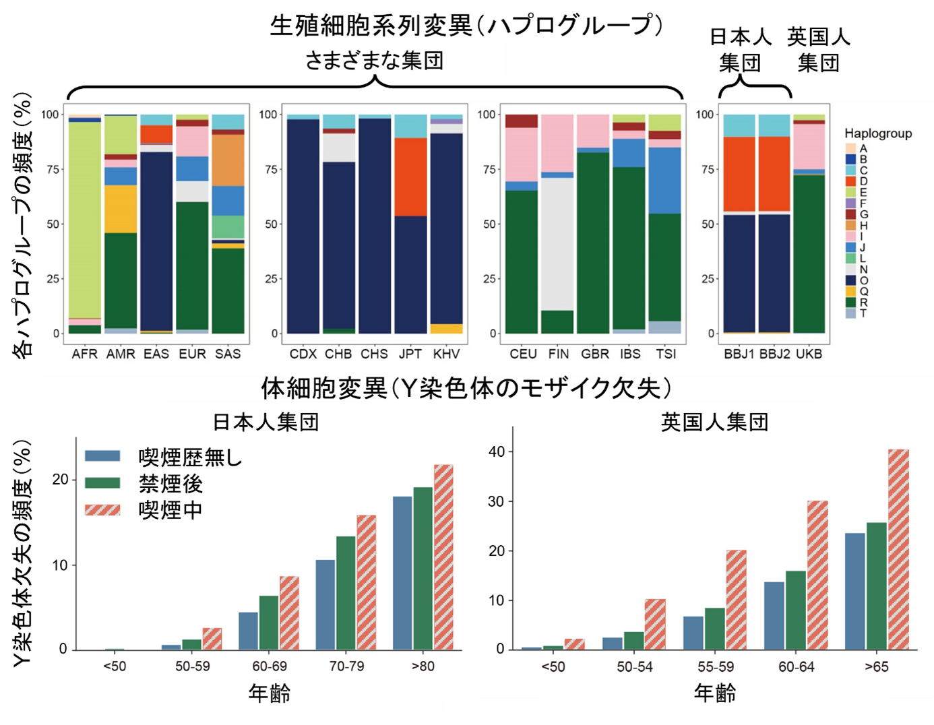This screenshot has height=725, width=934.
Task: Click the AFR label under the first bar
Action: [x=85, y=354]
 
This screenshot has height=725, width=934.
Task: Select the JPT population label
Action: [x=410, y=354]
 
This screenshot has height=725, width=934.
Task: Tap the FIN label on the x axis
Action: [x=558, y=354]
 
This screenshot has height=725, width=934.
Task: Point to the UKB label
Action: [x=809, y=354]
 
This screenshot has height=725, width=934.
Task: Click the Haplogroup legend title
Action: [x=877, y=133]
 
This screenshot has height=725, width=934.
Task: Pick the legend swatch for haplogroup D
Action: [x=850, y=181]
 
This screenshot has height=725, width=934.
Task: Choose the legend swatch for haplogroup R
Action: [x=850, y=302]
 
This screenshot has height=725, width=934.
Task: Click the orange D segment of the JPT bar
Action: [x=410, y=177]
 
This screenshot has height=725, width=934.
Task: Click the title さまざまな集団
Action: [x=374, y=61]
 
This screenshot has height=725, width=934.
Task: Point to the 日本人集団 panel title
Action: [x=266, y=422]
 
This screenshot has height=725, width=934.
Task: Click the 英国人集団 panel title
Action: [x=714, y=422]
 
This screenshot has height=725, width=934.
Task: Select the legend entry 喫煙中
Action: [x=170, y=510]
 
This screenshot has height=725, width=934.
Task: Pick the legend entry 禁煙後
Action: [x=170, y=484]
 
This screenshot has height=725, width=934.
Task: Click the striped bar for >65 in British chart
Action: [x=898, y=549]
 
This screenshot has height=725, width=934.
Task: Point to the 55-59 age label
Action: [x=715, y=667]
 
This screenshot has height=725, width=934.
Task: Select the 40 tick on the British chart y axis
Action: [x=497, y=451]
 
